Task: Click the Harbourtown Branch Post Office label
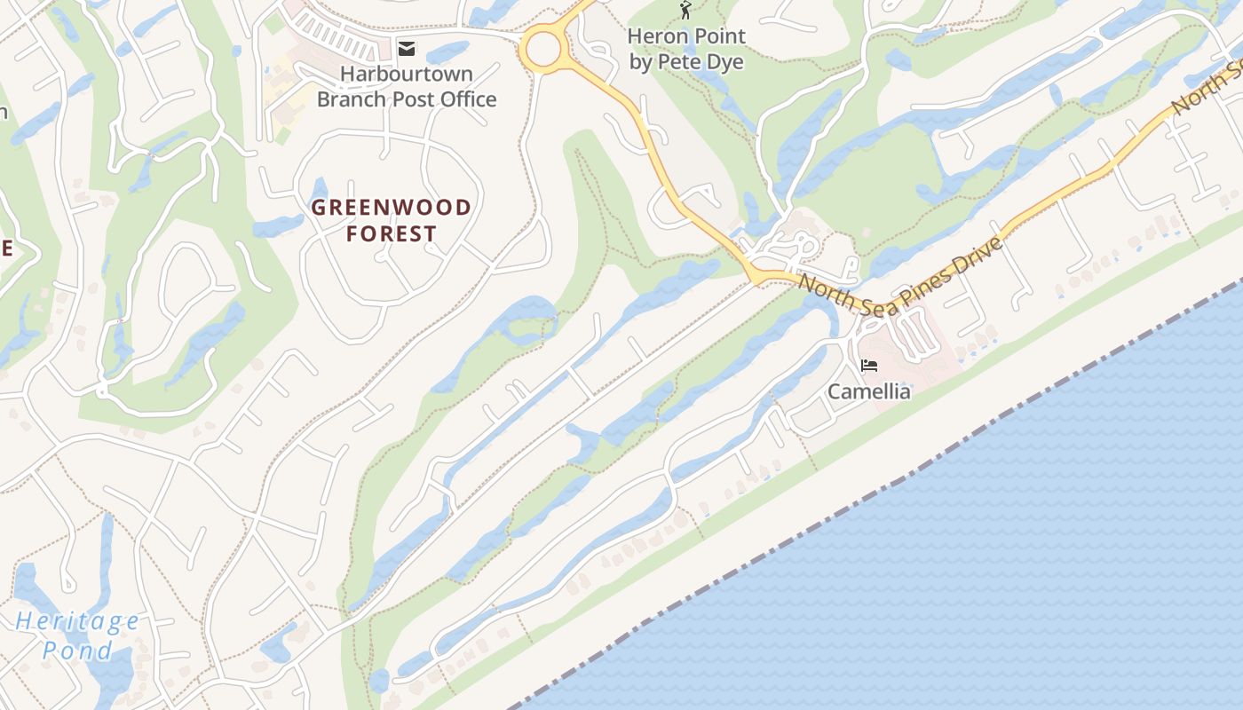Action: (x=407, y=86)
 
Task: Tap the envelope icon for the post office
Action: (x=407, y=48)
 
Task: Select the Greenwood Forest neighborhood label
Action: (x=392, y=220)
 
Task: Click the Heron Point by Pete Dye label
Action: (x=686, y=49)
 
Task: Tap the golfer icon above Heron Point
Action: (x=685, y=11)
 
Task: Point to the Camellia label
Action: (x=869, y=391)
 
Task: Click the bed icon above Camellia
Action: (x=869, y=365)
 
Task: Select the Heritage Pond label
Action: (x=77, y=635)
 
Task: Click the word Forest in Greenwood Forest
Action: (x=392, y=234)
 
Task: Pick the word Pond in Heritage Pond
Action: (x=77, y=651)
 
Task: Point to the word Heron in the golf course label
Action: (x=657, y=36)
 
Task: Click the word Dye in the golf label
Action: (x=725, y=62)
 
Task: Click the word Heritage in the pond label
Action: (x=77, y=621)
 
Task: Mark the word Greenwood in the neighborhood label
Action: (x=392, y=208)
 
